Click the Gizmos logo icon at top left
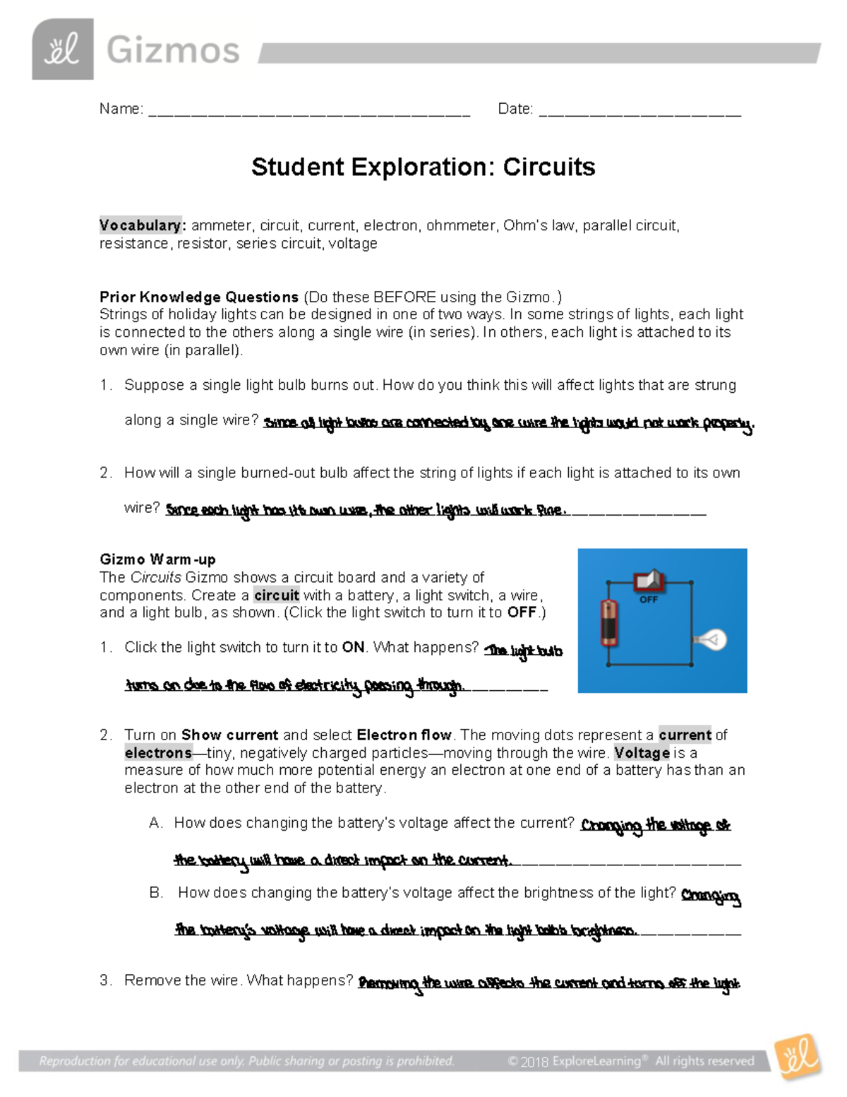click(x=62, y=49)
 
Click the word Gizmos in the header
click(x=173, y=51)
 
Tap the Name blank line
click(x=309, y=112)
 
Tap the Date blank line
click(x=639, y=112)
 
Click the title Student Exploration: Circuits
click(x=423, y=167)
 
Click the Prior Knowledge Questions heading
click(x=199, y=297)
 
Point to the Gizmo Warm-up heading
click(x=157, y=559)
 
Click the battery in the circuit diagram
click(x=608, y=622)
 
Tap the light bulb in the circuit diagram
click(x=711, y=640)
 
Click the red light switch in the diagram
click(x=649, y=581)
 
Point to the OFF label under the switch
click(x=648, y=600)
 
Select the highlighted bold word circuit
click(x=276, y=595)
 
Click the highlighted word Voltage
click(x=642, y=753)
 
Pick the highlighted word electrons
click(x=158, y=753)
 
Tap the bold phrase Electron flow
click(x=404, y=735)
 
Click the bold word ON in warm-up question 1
click(x=353, y=648)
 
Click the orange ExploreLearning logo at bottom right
click(x=798, y=1057)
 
